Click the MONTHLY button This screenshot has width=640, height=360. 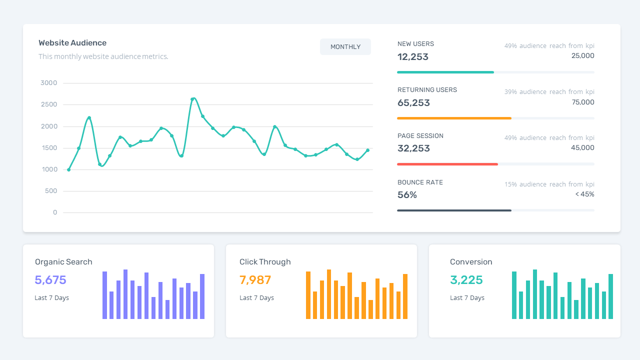point(345,46)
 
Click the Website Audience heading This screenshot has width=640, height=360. point(72,43)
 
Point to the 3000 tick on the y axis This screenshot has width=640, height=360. point(49,83)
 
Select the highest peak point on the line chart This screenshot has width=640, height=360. point(193,99)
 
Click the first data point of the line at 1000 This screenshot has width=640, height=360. point(68,169)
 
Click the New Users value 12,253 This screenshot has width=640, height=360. point(413,57)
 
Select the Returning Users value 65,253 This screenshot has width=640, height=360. point(413,103)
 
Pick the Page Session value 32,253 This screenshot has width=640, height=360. point(413,148)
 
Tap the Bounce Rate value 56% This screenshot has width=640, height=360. point(407,195)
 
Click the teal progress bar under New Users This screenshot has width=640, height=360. point(445,72)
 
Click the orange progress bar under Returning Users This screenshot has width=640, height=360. point(454,118)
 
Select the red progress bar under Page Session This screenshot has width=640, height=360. point(447,164)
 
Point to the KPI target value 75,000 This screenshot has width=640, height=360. point(583,102)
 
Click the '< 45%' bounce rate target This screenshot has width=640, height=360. point(584,194)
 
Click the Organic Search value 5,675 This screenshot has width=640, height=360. point(50,280)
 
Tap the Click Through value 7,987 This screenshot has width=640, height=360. point(255,280)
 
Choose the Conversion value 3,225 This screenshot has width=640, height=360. point(466,280)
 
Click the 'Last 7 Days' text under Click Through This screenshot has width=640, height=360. point(256,298)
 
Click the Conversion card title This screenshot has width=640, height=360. point(471,262)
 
